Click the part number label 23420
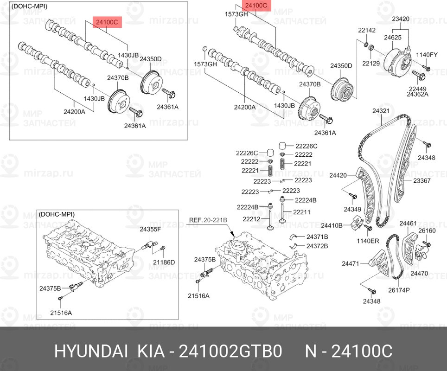[x=401, y=19]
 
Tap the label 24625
[x=393, y=38]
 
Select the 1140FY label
[x=427, y=55]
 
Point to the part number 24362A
[x=417, y=95]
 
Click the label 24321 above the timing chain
[x=381, y=111]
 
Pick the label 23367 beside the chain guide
[x=421, y=180]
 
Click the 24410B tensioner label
[x=332, y=225]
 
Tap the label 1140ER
[x=368, y=241]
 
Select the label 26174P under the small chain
[x=399, y=290]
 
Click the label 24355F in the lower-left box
[x=150, y=229]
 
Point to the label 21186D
[x=164, y=262]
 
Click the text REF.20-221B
[x=208, y=220]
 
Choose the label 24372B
[x=317, y=246]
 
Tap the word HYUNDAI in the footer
[x=91, y=351]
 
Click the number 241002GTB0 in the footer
[x=230, y=351]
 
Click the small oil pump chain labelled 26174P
[x=394, y=256]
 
